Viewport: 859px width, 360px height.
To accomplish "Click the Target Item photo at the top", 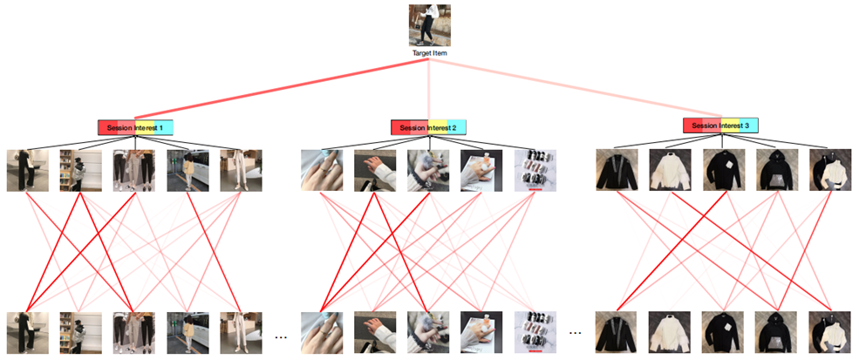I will (x=428, y=26).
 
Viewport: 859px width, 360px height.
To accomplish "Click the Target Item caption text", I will (x=428, y=53).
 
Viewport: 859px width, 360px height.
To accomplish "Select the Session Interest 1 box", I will (x=135, y=127).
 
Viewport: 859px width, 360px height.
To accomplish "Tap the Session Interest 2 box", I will (x=428, y=127).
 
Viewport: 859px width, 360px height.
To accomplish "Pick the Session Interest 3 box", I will (x=720, y=126).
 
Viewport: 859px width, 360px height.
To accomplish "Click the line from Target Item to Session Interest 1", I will (x=279, y=92).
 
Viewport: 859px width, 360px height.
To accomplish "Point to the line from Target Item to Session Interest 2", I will (x=428, y=92).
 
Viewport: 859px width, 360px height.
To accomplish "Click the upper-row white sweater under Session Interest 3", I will (x=669, y=170).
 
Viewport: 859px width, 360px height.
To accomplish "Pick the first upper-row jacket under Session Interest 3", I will (x=616, y=170).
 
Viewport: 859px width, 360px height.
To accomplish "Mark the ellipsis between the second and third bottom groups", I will (x=575, y=334).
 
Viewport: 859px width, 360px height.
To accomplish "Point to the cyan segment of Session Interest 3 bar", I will (x=749, y=126).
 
